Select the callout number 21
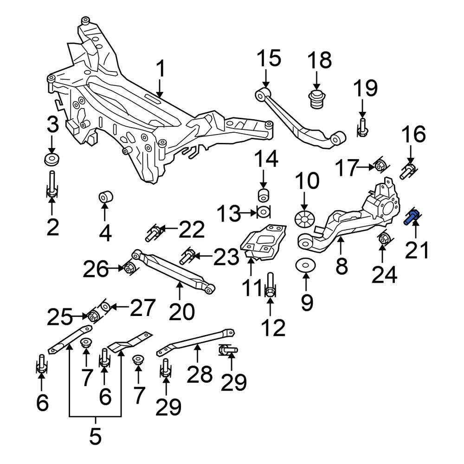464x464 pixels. click(x=417, y=250)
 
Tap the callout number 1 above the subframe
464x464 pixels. click(x=160, y=69)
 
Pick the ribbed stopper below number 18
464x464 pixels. click(x=316, y=99)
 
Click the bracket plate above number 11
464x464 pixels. click(x=264, y=242)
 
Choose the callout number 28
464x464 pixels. click(x=200, y=374)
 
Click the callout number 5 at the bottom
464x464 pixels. click(x=95, y=436)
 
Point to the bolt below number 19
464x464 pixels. click(x=362, y=127)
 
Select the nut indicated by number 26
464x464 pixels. click(x=129, y=268)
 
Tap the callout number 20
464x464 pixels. click(x=181, y=311)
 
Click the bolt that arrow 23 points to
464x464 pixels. click(x=187, y=256)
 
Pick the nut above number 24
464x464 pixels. click(x=384, y=238)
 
